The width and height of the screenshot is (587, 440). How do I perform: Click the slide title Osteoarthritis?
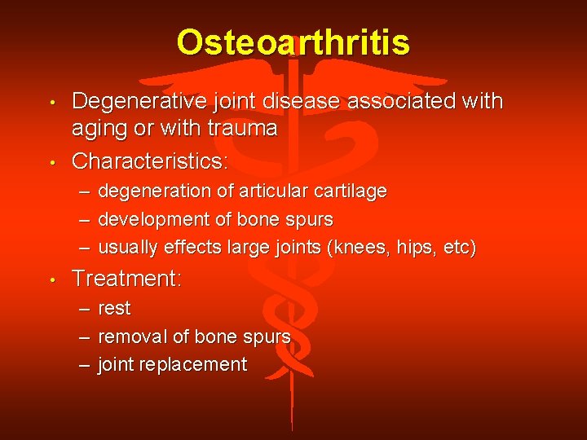(x=293, y=42)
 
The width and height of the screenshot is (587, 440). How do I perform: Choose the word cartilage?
(x=351, y=191)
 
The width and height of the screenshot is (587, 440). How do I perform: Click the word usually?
(x=128, y=248)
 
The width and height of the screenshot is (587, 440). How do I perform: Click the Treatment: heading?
(x=126, y=279)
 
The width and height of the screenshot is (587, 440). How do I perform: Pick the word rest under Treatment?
(x=114, y=309)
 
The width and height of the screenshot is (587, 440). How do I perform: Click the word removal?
(x=131, y=337)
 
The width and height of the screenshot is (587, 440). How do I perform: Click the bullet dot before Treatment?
(x=52, y=280)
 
